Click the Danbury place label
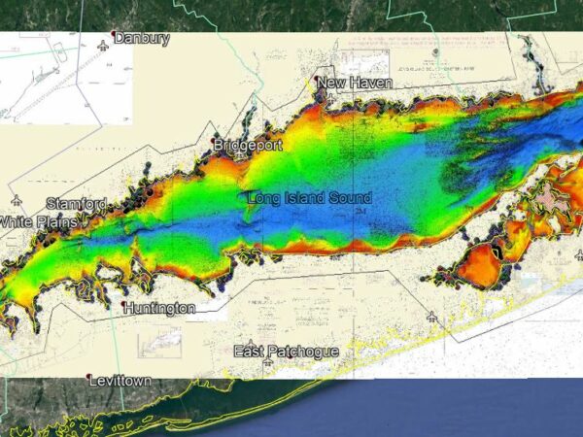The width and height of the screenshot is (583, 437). [x=143, y=39]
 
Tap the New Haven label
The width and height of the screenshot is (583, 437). [x=356, y=84]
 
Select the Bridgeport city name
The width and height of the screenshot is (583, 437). [x=249, y=146]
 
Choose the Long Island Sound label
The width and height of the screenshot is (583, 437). [x=309, y=198]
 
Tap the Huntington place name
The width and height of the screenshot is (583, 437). [x=160, y=308]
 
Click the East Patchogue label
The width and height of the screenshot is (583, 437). [x=285, y=351]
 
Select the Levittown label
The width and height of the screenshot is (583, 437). [x=120, y=382]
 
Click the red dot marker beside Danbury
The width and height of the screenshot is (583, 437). [x=115, y=37]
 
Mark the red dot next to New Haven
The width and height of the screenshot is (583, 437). [x=317, y=83]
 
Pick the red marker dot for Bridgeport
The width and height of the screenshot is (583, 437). [x=215, y=146]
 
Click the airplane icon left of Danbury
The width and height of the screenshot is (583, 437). [x=103, y=46]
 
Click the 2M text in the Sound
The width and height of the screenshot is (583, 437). [x=361, y=211]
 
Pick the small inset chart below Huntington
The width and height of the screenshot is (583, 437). [x=160, y=343]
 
